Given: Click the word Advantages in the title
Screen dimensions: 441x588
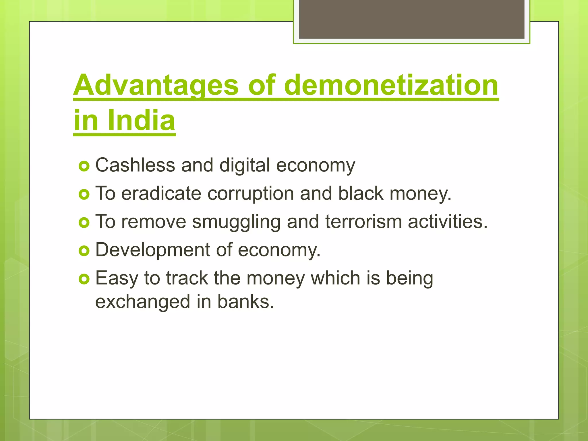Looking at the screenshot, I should tap(156, 85).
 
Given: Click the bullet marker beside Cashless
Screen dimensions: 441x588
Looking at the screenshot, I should tap(84, 166).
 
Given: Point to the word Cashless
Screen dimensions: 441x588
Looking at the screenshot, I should tap(135, 165).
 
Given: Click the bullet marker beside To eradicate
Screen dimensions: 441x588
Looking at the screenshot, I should tap(84, 194).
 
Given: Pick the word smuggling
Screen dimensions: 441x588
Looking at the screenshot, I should tap(236, 222).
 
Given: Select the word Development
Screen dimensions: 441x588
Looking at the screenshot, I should tap(153, 250).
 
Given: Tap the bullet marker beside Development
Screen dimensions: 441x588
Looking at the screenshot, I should tap(84, 251).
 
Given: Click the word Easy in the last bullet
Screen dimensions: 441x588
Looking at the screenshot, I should tap(117, 278).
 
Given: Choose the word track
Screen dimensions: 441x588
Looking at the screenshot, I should tap(187, 278).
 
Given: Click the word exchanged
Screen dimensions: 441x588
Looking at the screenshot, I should tap(143, 302).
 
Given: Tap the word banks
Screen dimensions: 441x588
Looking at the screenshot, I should tap(245, 302).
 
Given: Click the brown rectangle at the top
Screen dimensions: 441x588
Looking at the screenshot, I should tap(411, 19).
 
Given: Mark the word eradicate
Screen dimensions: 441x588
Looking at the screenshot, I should tap(161, 193).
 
